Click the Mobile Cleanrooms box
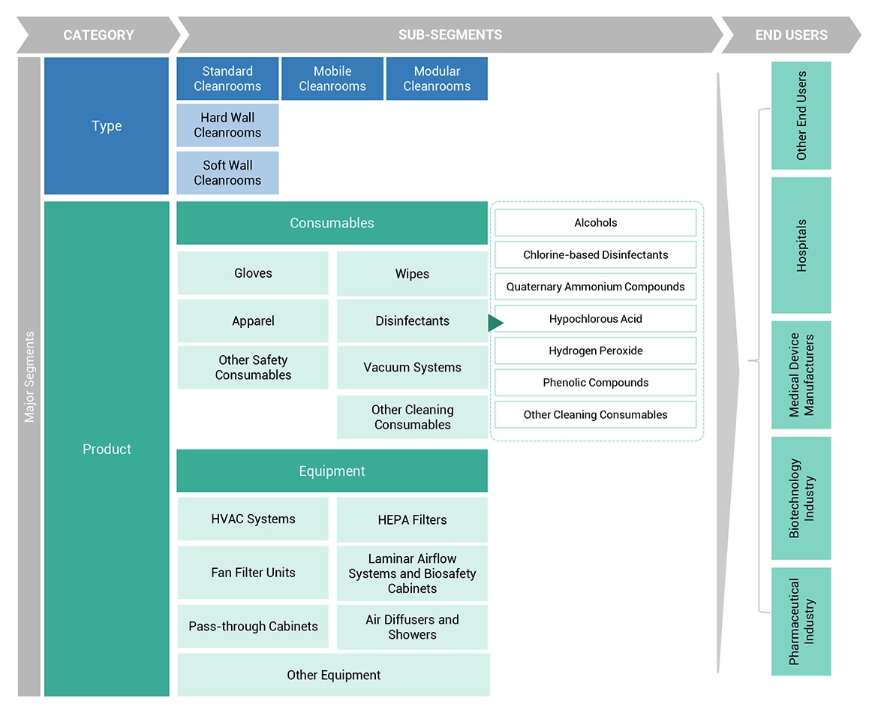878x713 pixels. click(x=332, y=79)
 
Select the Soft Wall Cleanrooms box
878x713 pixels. click(x=227, y=173)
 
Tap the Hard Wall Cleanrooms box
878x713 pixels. click(x=227, y=125)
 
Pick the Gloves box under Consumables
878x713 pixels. click(x=253, y=273)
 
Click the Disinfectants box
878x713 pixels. click(x=412, y=321)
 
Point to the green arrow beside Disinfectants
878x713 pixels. click(x=495, y=323)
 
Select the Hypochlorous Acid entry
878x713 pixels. click(x=595, y=319)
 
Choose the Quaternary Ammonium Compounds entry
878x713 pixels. click(x=595, y=287)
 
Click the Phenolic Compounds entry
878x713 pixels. click(x=595, y=383)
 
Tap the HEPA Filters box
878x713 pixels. click(x=412, y=519)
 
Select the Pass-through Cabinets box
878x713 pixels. click(x=253, y=627)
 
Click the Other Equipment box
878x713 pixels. click(x=333, y=675)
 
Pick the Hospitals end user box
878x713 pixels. click(x=801, y=245)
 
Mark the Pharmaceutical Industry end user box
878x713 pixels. click(x=801, y=621)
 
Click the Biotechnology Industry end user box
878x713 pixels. click(x=801, y=498)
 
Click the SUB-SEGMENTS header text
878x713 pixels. click(x=450, y=35)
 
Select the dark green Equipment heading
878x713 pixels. click(x=332, y=471)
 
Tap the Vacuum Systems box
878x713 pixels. click(x=412, y=368)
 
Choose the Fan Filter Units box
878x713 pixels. click(x=253, y=573)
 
